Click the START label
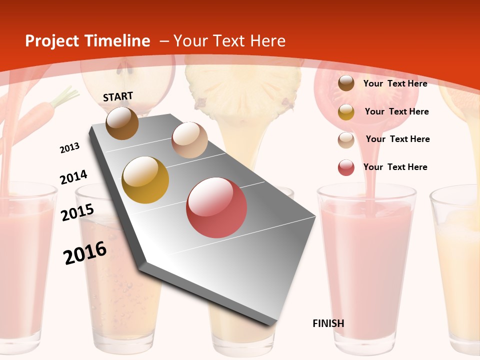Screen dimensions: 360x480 coord(118,96)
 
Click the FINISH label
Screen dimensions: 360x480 coord(328,323)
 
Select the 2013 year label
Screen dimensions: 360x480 coord(69,148)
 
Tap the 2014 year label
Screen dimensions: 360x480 coord(73,177)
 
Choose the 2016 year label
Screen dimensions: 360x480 coord(85,253)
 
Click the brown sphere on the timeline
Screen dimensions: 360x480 coord(122,123)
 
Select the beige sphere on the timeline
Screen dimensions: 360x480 coord(189,140)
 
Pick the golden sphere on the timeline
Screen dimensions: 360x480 coord(145,180)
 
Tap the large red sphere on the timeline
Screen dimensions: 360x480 coord(216,207)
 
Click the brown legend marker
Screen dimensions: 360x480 coord(346,83)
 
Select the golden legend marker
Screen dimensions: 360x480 coord(346,112)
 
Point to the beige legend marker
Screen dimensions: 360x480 coord(346,140)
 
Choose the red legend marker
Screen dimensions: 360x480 coord(346,167)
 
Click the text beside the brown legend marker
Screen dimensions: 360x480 coord(395,83)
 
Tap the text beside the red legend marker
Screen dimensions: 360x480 coord(395,167)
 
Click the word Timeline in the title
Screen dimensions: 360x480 coord(117,41)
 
